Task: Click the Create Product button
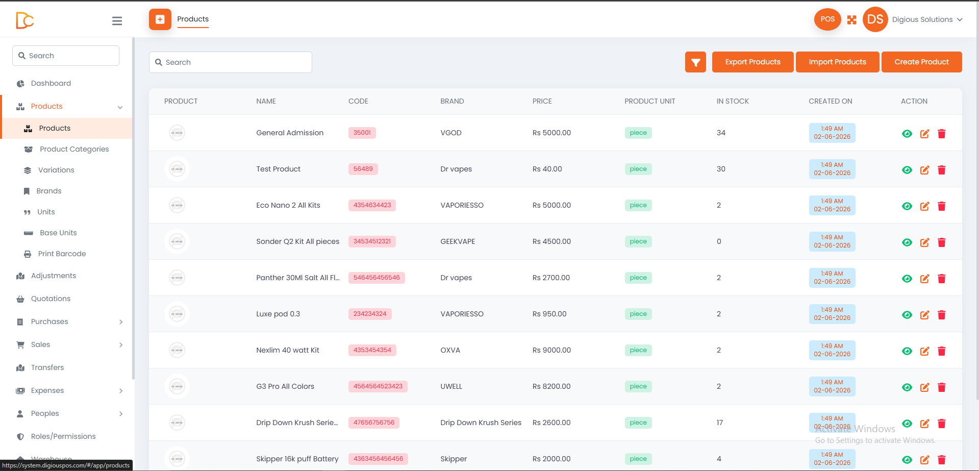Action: click(921, 62)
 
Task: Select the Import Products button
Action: click(837, 62)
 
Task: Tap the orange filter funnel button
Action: click(695, 62)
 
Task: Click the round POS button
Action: click(827, 19)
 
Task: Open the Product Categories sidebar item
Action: click(74, 149)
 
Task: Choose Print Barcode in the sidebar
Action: click(62, 254)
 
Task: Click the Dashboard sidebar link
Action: click(51, 83)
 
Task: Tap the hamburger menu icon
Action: click(117, 21)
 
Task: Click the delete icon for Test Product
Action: click(942, 170)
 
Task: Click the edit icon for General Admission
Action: click(924, 134)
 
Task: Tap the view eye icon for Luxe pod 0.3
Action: click(907, 315)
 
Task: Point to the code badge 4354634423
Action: click(372, 205)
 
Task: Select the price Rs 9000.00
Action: click(551, 350)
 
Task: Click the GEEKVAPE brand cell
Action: click(458, 241)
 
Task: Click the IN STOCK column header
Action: click(733, 101)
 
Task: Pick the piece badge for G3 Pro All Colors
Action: click(638, 386)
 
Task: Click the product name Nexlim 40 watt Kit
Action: click(288, 350)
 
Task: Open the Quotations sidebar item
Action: click(51, 299)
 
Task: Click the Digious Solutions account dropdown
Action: click(927, 19)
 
